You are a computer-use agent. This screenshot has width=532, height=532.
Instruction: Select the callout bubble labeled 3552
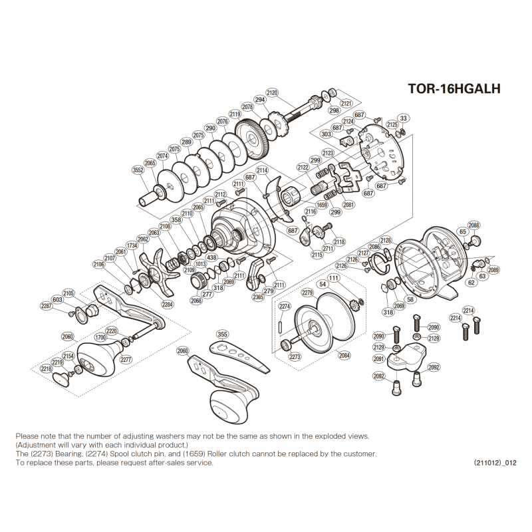(x=138, y=170)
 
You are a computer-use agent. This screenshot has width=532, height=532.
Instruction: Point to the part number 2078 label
(x=248, y=106)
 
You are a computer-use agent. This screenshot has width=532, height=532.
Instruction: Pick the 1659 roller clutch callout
(x=321, y=204)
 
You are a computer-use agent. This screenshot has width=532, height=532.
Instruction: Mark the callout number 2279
(x=307, y=293)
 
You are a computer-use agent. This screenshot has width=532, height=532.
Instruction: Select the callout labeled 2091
(x=378, y=358)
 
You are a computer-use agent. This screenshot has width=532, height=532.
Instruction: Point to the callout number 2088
(x=473, y=225)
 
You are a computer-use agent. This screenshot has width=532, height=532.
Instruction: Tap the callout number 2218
(x=47, y=368)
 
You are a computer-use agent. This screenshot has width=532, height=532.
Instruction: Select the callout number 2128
(x=386, y=239)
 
